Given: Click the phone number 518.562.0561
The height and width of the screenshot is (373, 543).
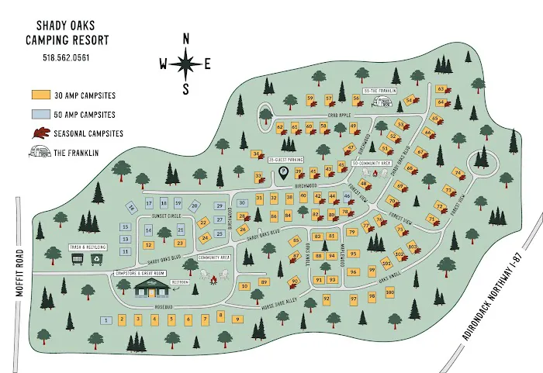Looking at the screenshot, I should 67,57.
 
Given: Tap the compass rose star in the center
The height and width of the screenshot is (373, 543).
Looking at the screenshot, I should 185,64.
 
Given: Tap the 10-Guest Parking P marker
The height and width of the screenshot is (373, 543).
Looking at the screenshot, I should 283,171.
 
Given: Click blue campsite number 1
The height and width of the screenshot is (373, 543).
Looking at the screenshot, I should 105,320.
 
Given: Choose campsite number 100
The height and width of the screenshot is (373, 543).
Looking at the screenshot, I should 389,292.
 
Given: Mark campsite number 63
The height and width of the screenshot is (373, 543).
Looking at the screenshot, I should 441,88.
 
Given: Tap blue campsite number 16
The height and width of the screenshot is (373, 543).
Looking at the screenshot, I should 131,208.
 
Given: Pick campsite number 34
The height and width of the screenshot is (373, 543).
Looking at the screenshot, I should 255,154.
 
